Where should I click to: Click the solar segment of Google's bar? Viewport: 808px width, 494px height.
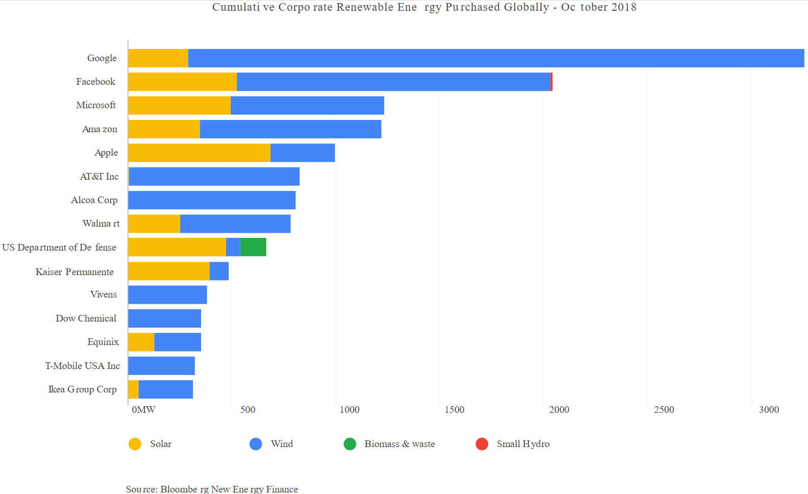[x=158, y=58]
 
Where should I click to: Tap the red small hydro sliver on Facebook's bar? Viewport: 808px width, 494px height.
[x=552, y=82]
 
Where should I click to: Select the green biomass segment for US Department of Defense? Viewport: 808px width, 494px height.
[x=253, y=247]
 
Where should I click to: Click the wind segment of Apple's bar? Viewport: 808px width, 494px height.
[x=303, y=153]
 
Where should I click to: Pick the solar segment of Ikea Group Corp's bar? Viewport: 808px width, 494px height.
[x=134, y=389]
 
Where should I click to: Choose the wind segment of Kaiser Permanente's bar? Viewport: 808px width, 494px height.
[x=219, y=271]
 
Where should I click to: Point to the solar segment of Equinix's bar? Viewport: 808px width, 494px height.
[x=141, y=342]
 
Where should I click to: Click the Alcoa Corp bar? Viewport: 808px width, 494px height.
[x=212, y=200]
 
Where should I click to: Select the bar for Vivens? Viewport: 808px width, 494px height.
[x=167, y=295]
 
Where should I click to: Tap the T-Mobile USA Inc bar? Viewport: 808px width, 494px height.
[x=161, y=366]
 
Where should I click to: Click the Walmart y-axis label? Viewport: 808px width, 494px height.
[x=101, y=224]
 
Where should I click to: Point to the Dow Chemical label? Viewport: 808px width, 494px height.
[x=86, y=318]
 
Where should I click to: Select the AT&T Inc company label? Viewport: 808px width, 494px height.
[x=99, y=177]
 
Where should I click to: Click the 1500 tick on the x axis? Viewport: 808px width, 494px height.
[x=454, y=410]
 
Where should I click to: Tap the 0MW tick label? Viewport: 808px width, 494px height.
[x=143, y=410]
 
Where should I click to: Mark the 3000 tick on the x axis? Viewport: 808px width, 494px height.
[x=769, y=410]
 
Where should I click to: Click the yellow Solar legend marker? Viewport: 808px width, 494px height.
[x=135, y=444]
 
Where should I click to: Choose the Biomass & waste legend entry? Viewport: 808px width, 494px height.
[x=399, y=444]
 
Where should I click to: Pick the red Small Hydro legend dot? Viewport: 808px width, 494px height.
[x=482, y=444]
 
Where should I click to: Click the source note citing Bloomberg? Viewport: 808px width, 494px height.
[x=212, y=489]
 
